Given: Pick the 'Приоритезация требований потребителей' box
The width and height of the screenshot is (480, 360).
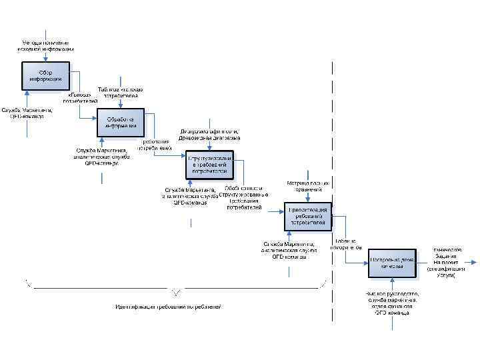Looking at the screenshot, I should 307,215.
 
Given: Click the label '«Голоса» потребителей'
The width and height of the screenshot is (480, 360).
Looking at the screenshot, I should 79,97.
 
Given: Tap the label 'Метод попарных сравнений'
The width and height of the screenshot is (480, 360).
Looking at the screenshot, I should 308,186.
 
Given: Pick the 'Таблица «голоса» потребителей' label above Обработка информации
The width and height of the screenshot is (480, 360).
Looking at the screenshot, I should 121,93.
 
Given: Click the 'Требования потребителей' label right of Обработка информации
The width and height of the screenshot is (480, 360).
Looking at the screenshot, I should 157,145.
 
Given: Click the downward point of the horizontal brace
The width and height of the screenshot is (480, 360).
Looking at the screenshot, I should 175,294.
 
